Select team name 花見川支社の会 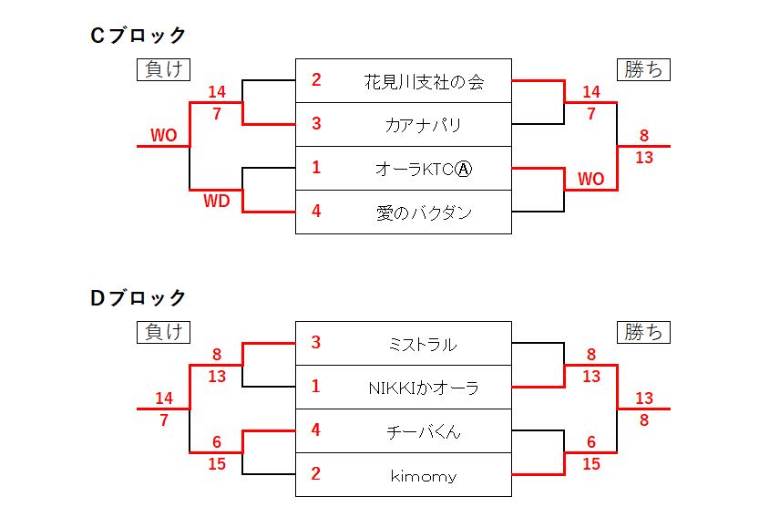pyautogui.click(x=423, y=82)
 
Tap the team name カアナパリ pyautogui.click(x=423, y=125)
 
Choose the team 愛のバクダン pyautogui.click(x=424, y=212)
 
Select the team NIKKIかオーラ pyautogui.click(x=423, y=388)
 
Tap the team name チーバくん pyautogui.click(x=423, y=431)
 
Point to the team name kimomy pyautogui.click(x=422, y=475)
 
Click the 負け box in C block pyautogui.click(x=163, y=69)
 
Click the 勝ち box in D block pyautogui.click(x=643, y=332)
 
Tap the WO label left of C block pyautogui.click(x=164, y=136)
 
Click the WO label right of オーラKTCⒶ pyautogui.click(x=590, y=180)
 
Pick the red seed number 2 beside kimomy pyautogui.click(x=316, y=474)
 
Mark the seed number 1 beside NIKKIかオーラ pyautogui.click(x=316, y=387)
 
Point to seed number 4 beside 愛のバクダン pyautogui.click(x=316, y=212)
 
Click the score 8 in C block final pyautogui.click(x=644, y=136)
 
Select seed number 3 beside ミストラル pyautogui.click(x=316, y=343)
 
